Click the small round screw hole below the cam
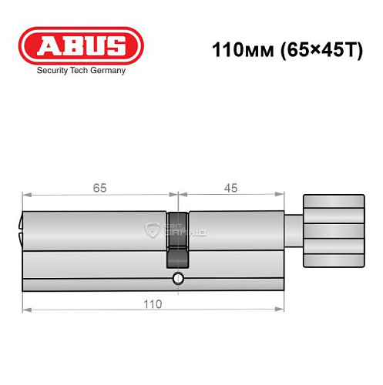coord(178,278)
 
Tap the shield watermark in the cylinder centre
coord(151,229)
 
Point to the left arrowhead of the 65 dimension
coord(26,195)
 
